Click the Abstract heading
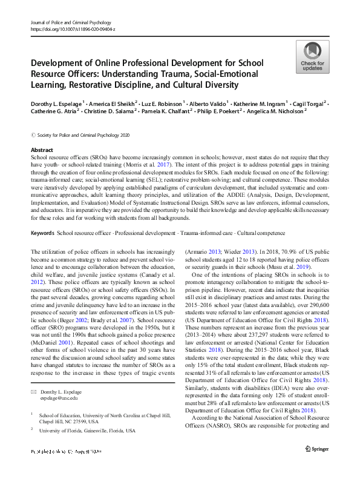[x=42, y=149]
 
